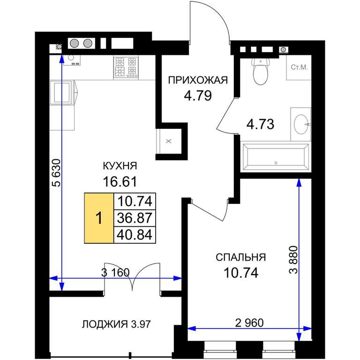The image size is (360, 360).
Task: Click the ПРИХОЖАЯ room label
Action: pos(198,80)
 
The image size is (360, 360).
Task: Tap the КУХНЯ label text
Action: pos(120,166)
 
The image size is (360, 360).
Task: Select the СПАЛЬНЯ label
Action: pos(240,257)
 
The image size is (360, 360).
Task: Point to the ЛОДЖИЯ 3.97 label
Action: pos(116,324)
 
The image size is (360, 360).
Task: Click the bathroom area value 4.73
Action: pos(260,124)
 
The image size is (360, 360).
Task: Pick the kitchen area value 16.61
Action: pos(120,181)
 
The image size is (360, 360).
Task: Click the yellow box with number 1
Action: pos(99,218)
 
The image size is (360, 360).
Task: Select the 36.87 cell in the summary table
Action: pos(135,218)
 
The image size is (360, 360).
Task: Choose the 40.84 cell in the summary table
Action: pos(135,235)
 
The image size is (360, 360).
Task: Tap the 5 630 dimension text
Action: pos(56,173)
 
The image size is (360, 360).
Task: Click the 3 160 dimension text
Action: pos(115,272)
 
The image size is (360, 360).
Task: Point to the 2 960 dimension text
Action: pos(249,323)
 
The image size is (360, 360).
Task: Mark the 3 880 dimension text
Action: pos(293,260)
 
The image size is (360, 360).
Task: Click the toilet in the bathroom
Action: pos(261,71)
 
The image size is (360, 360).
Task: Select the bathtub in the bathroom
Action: pos(276,157)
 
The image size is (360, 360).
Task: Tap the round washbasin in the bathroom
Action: pos(301,124)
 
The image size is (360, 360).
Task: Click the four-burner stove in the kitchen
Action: pos(126,67)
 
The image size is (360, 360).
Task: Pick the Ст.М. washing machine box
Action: pos(299,67)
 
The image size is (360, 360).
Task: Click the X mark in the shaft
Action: pos(169,141)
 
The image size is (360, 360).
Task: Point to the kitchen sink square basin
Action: pos(61,92)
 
